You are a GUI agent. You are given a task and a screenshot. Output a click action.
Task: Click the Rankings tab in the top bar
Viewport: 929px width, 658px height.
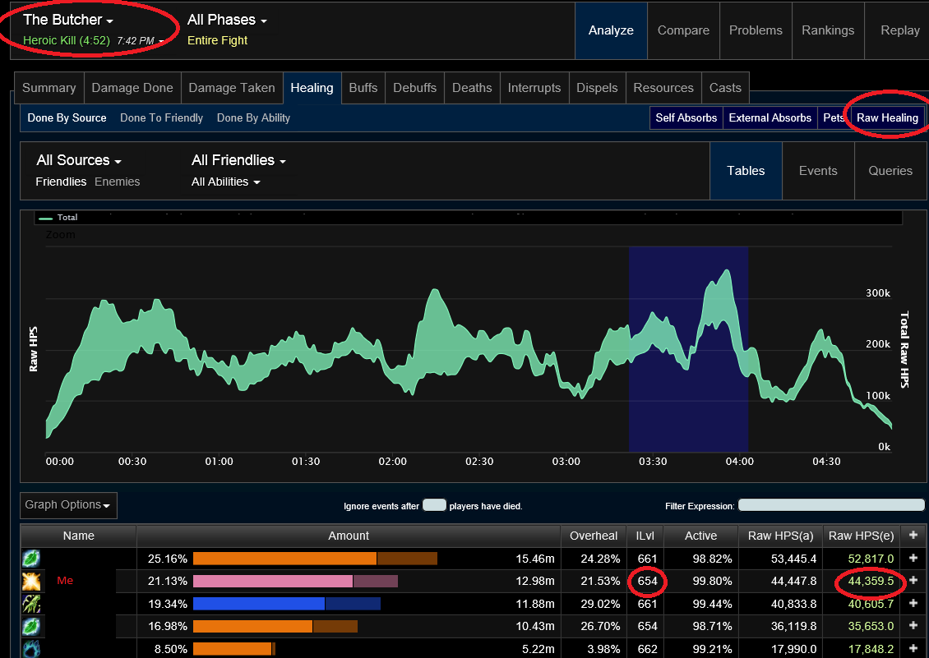828,30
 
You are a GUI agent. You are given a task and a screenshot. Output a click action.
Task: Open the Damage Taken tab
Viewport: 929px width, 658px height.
232,88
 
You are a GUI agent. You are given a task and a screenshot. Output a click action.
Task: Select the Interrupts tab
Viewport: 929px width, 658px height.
534,88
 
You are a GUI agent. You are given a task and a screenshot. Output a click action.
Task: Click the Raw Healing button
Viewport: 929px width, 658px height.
887,117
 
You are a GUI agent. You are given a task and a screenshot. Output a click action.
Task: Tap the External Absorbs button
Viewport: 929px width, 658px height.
770,117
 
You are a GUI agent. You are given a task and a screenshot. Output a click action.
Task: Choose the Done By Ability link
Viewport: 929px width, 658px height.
253,117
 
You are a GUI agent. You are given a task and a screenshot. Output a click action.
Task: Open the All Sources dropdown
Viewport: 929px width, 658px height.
79,160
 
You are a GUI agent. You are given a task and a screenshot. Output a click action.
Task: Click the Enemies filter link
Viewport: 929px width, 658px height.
118,182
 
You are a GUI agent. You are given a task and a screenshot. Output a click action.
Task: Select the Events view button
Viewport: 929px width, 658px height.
818,171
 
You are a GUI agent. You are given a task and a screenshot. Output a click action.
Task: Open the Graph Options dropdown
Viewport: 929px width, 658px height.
68,505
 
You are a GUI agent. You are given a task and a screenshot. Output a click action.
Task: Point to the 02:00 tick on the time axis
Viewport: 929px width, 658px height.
393,462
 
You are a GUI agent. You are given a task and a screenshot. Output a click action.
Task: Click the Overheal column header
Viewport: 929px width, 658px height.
594,536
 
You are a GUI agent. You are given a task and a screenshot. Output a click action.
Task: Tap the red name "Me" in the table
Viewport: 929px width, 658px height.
65,581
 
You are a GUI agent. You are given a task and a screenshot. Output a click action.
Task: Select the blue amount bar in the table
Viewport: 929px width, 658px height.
259,604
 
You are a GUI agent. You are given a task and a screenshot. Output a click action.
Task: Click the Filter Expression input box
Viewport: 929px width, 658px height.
831,505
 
